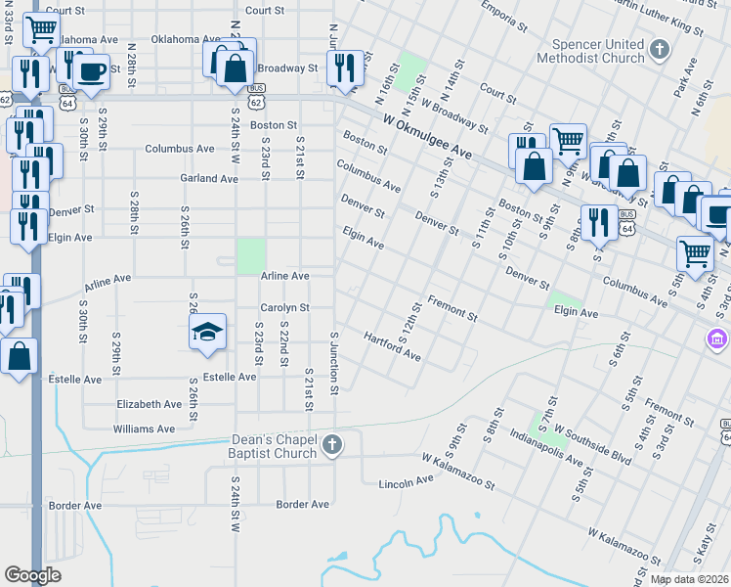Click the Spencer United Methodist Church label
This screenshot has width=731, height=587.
click(599, 51)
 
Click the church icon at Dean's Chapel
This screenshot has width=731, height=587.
click(332, 446)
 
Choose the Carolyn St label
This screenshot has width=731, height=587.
click(284, 307)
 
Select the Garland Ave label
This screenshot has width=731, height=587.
click(209, 179)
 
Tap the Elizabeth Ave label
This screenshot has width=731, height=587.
click(149, 404)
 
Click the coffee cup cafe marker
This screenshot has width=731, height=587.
click(92, 72)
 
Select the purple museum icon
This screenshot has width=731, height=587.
click(718, 339)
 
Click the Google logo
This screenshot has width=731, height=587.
click(32, 575)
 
